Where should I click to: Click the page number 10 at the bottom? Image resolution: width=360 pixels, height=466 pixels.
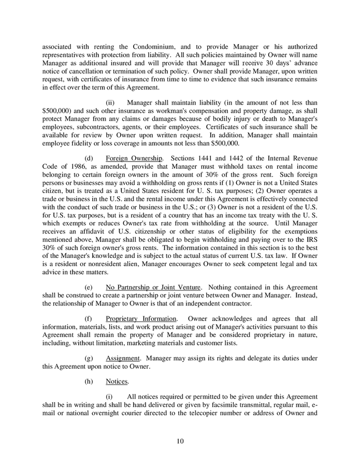click(180, 441)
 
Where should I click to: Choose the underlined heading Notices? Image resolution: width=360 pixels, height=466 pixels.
click(117, 382)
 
